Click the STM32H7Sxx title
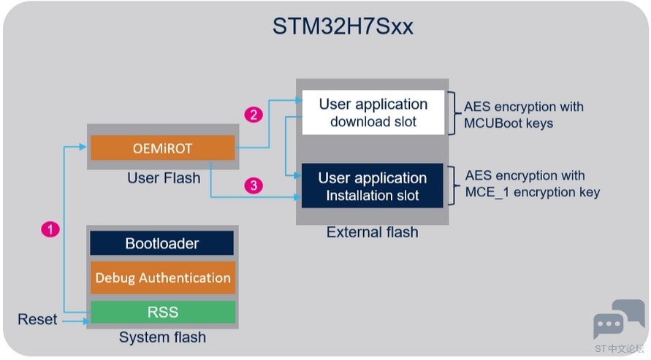pos(343,26)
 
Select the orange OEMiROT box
pos(163,148)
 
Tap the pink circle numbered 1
pos(50,229)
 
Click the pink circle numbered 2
pos(254,115)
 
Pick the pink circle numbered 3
pos(254,185)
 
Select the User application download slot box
pos(373,112)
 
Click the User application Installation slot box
pos(373,185)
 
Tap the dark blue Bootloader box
pos(162,243)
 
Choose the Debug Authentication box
pos(163,277)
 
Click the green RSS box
pos(163,312)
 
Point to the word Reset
pos(37,319)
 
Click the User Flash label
pos(164,178)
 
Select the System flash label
pos(162,337)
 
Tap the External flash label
pos(373,231)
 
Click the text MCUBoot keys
pos(509,123)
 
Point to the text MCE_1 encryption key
pos(532,192)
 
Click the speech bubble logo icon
pos(619,318)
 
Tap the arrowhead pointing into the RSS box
pos(86,321)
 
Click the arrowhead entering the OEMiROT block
pos(83,146)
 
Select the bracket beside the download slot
pos(453,112)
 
